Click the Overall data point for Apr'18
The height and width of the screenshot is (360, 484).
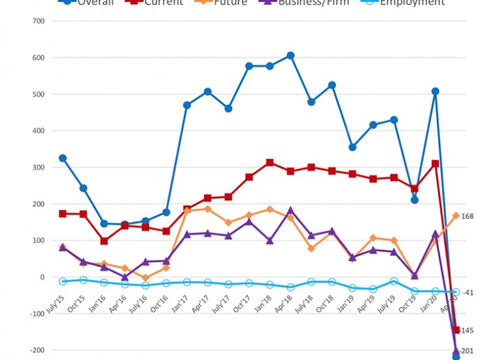click(x=290, y=56)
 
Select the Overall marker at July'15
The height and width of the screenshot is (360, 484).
click(x=63, y=158)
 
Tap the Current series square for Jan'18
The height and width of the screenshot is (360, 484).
click(x=269, y=162)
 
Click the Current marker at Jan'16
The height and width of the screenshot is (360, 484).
click(x=104, y=241)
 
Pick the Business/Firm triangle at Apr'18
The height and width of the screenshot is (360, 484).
click(x=290, y=211)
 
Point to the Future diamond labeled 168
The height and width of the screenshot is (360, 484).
click(x=456, y=215)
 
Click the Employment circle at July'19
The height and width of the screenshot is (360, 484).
click(x=394, y=281)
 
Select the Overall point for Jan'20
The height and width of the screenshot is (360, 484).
click(x=435, y=92)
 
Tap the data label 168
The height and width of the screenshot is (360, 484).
click(x=468, y=217)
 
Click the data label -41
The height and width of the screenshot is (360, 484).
click(x=468, y=293)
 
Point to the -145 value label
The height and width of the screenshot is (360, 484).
click(x=468, y=330)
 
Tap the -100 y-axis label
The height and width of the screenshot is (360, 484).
click(x=35, y=314)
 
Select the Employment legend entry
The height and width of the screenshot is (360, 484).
click(x=413, y=3)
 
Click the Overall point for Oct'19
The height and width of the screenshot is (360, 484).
click(x=415, y=200)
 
